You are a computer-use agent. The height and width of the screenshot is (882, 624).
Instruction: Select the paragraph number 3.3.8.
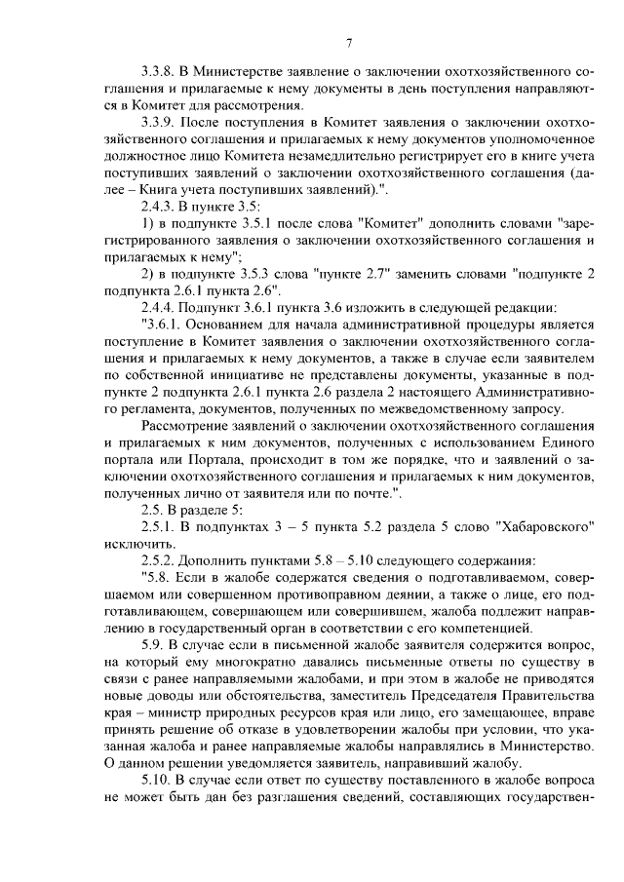[x=159, y=71]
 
